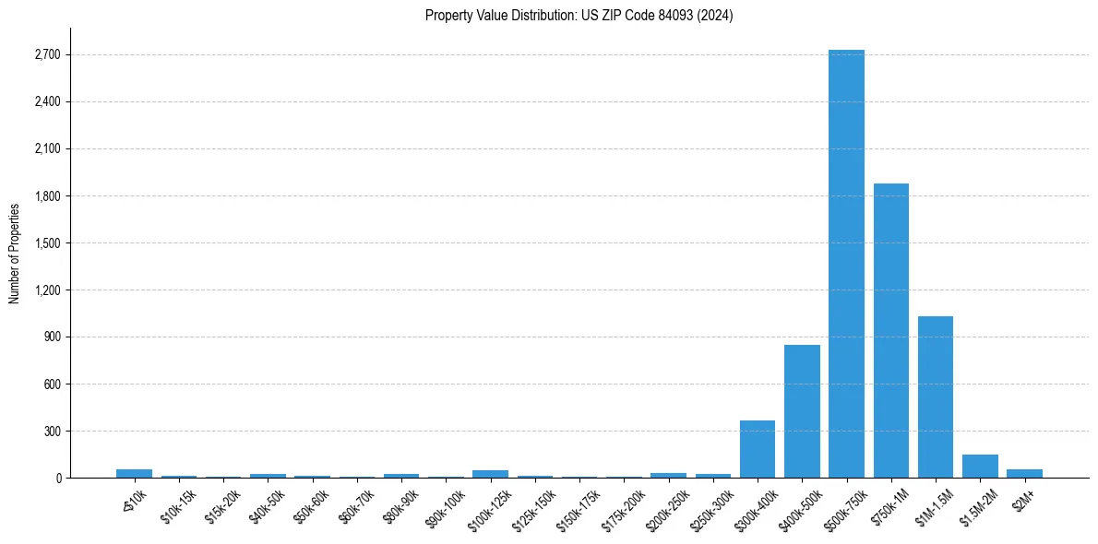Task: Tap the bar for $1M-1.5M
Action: coord(936,396)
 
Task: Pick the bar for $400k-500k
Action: coord(802,411)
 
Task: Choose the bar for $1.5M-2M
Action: coord(980,467)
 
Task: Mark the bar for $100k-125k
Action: coord(490,474)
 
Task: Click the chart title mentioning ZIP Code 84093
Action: coord(579,16)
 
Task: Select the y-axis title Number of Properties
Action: coord(14,253)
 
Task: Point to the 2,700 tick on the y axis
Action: coord(46,54)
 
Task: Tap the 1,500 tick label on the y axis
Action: coord(46,243)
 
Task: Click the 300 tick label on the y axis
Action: coord(52,432)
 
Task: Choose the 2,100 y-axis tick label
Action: coord(46,149)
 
